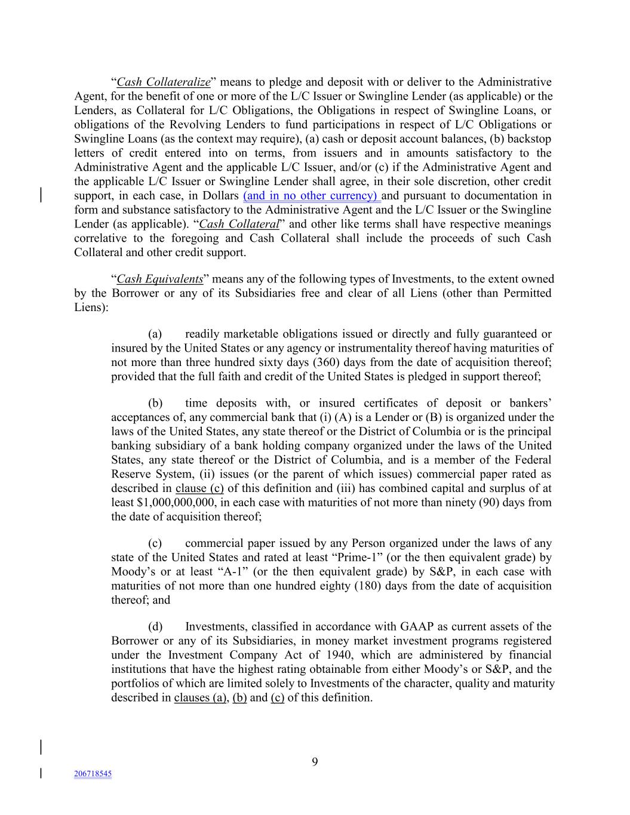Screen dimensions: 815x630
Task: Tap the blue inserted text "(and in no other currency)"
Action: tap(311, 196)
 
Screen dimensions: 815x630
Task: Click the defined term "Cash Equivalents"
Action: tap(159, 279)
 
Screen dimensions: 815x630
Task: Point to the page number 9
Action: tap(315, 761)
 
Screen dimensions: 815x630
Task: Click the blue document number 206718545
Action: tap(93, 774)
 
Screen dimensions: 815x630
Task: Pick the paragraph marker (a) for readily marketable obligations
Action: tap(155, 334)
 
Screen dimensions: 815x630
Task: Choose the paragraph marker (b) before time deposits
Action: tap(155, 404)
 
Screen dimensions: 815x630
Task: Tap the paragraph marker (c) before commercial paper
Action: tap(155, 543)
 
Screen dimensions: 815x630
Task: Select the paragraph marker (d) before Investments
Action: tap(155, 627)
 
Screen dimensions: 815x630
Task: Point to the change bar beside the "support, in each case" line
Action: tap(41, 196)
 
